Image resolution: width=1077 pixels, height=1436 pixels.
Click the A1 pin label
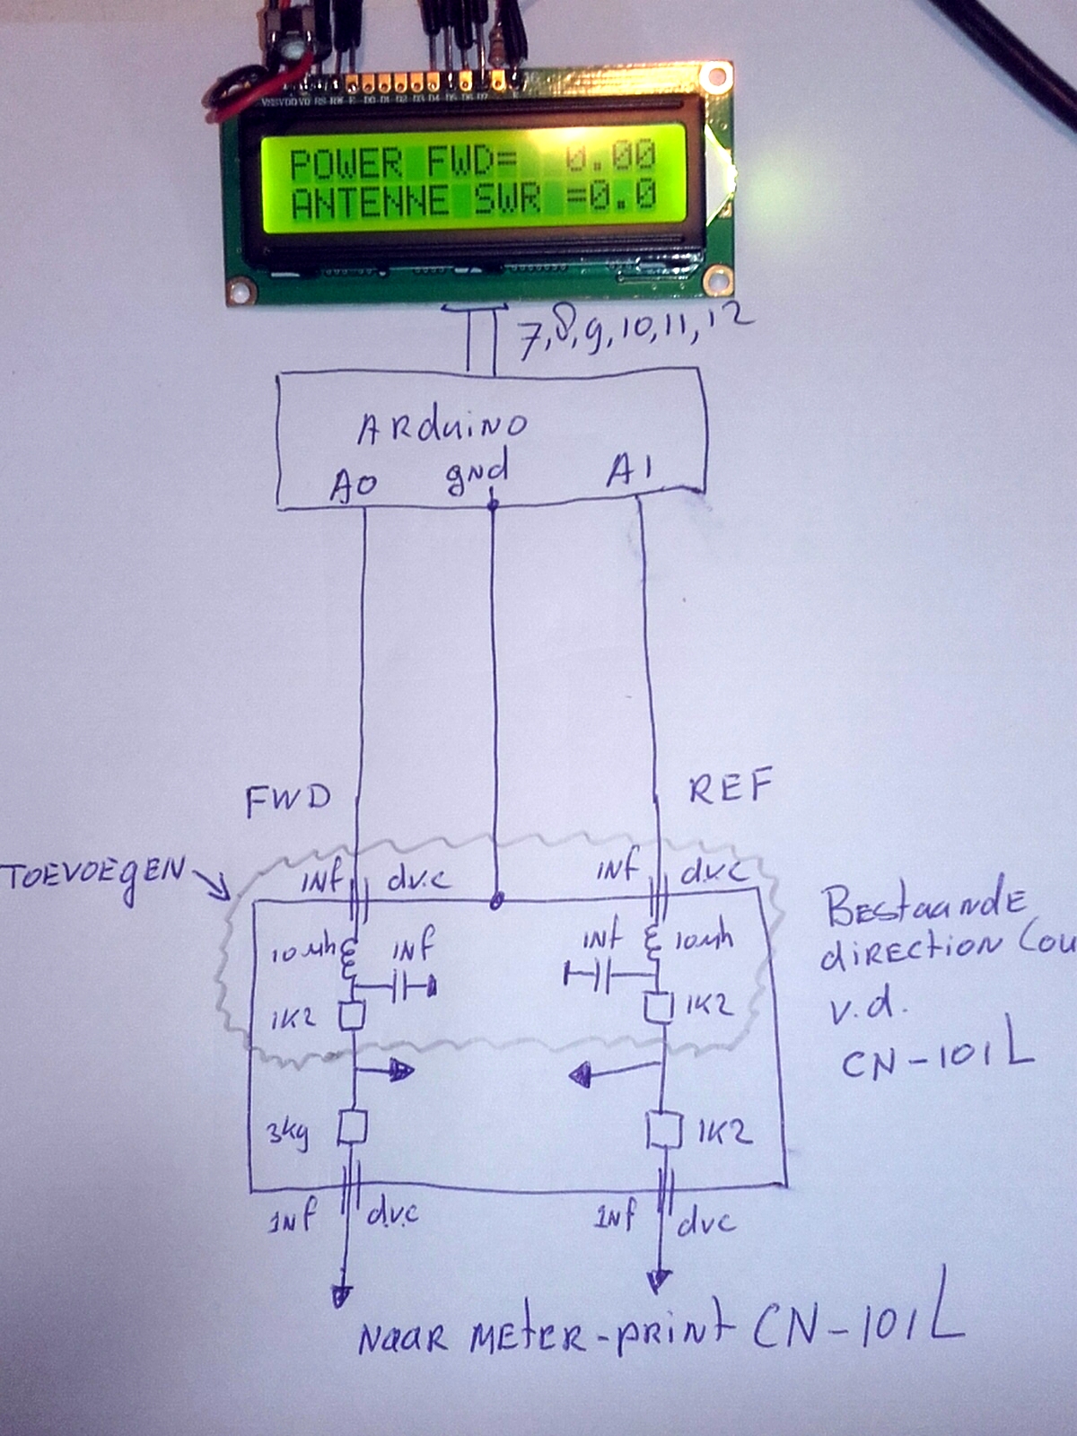coord(630,470)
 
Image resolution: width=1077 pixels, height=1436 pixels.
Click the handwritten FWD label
coord(288,798)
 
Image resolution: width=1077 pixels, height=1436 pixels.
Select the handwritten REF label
coord(730,787)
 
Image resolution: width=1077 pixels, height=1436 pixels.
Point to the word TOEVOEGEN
coord(94,875)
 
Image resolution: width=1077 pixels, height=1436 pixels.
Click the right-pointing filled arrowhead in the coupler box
coord(400,1070)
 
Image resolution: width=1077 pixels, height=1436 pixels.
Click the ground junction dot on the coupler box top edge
coord(495,900)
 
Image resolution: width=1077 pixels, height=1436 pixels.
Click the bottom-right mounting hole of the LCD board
coord(716,279)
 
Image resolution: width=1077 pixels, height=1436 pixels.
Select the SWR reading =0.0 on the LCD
coord(611,196)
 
